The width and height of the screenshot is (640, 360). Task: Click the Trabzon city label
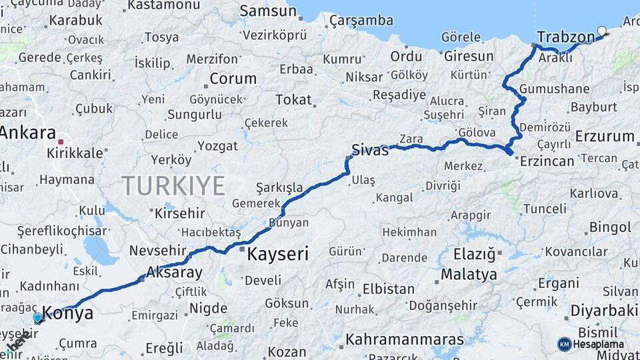tap(565, 36)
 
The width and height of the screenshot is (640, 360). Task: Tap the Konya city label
tap(68, 314)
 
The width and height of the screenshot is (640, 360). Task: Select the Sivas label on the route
tap(370, 150)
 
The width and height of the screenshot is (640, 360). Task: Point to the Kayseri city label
tap(278, 254)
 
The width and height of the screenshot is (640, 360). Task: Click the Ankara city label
tap(27, 132)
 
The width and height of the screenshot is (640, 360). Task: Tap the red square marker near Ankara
tap(61, 141)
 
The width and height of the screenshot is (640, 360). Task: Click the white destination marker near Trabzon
tap(602, 31)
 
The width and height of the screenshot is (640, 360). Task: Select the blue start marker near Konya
tap(37, 318)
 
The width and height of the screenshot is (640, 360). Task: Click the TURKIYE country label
tap(173, 186)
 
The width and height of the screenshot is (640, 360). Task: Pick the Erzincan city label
tap(547, 161)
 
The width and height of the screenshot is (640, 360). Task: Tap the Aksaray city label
tap(173, 273)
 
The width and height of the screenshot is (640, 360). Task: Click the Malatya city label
tap(469, 274)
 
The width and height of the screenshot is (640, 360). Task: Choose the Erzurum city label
tap(605, 137)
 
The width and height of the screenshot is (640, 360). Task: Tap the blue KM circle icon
tap(564, 344)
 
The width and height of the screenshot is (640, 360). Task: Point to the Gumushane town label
tap(554, 89)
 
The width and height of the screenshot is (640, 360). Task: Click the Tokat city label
tap(293, 100)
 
